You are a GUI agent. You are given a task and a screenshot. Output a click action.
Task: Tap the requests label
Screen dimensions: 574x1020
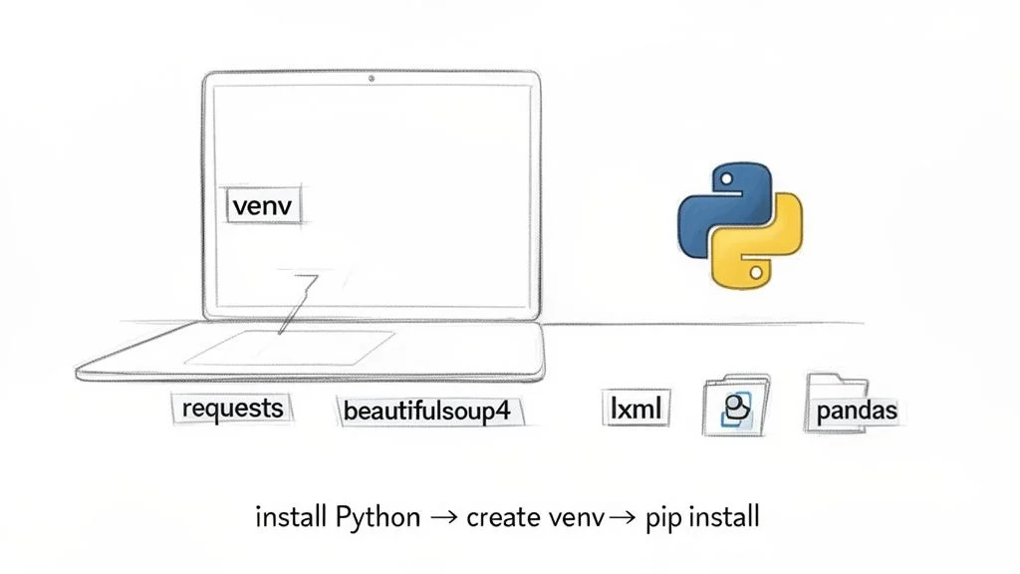[232, 408]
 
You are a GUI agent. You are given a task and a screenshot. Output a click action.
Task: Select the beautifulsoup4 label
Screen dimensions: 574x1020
[432, 411]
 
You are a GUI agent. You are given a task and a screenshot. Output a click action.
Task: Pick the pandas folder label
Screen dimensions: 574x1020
[856, 410]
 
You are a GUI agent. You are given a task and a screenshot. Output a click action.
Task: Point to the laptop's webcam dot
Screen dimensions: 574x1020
[372, 77]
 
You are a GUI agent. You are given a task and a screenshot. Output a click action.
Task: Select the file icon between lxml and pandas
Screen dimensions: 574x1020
[736, 407]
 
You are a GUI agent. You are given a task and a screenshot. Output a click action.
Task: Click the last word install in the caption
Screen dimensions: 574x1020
[724, 518]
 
